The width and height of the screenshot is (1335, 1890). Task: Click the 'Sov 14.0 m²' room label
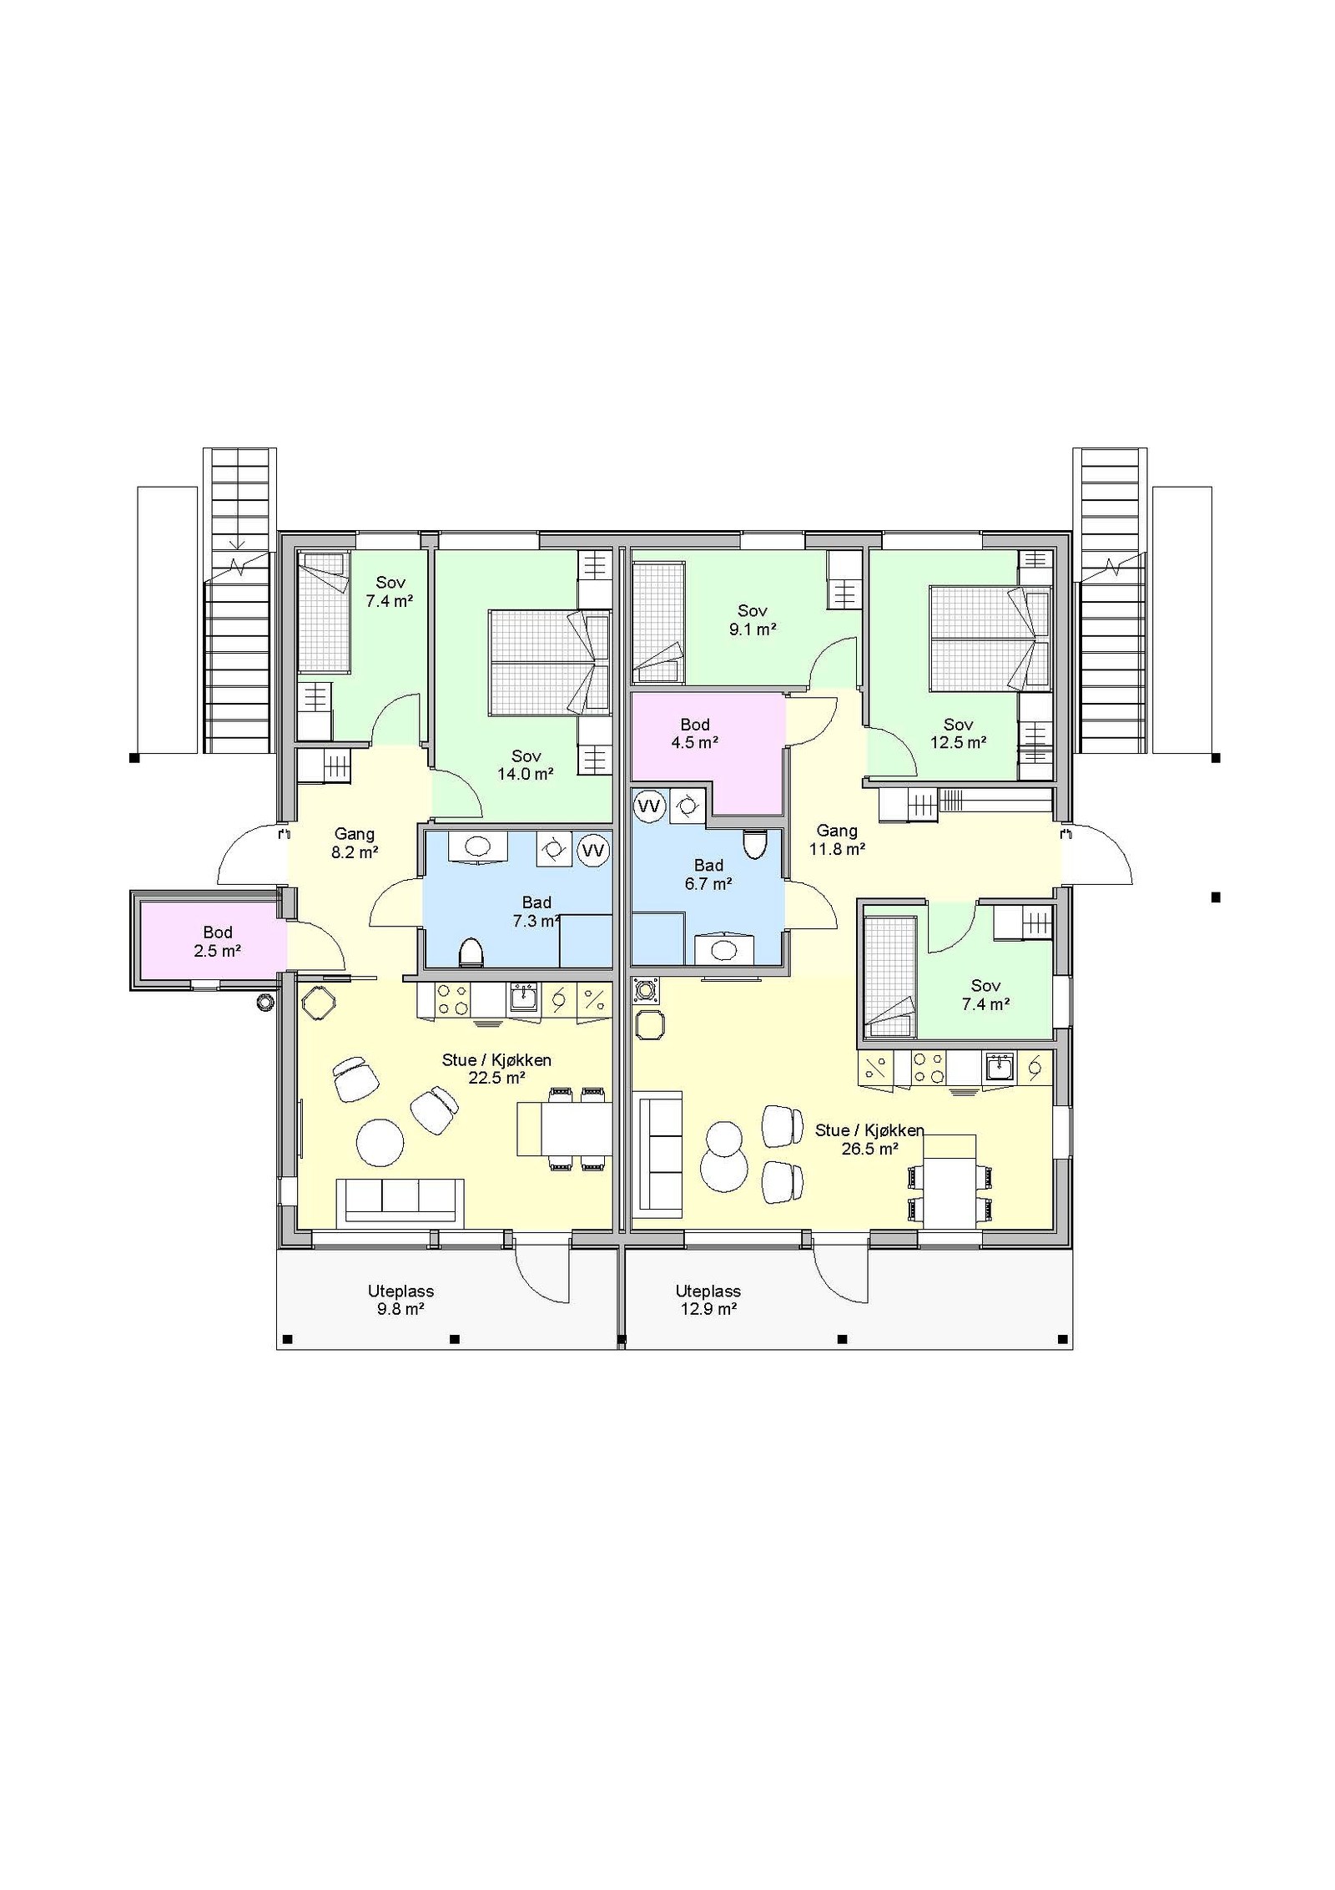tap(526, 765)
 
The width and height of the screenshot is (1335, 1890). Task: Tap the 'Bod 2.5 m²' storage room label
tap(218, 941)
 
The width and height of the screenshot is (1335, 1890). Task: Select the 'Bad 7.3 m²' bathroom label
tap(537, 911)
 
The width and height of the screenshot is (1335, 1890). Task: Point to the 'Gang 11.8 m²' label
tap(837, 839)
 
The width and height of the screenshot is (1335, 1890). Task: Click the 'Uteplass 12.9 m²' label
tap(708, 1300)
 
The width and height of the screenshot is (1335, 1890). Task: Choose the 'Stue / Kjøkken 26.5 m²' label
tap(869, 1139)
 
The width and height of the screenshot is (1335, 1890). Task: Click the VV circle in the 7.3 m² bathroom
tap(593, 851)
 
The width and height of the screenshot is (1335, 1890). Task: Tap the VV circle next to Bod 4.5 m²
tap(649, 806)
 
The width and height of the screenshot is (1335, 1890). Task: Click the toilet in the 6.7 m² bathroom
tap(754, 844)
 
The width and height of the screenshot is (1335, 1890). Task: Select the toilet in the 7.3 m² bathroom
tap(471, 952)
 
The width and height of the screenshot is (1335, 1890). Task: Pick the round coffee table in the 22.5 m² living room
tap(380, 1142)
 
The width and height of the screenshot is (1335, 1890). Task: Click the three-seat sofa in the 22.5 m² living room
tap(400, 1203)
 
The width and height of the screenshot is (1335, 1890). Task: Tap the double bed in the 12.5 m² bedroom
tap(990, 639)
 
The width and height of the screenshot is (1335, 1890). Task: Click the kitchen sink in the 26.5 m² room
tap(1000, 1068)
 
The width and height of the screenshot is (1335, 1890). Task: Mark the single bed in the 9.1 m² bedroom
tap(659, 617)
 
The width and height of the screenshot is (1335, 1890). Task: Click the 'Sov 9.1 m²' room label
tap(752, 619)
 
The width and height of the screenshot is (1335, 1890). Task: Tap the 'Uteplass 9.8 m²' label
tap(400, 1300)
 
